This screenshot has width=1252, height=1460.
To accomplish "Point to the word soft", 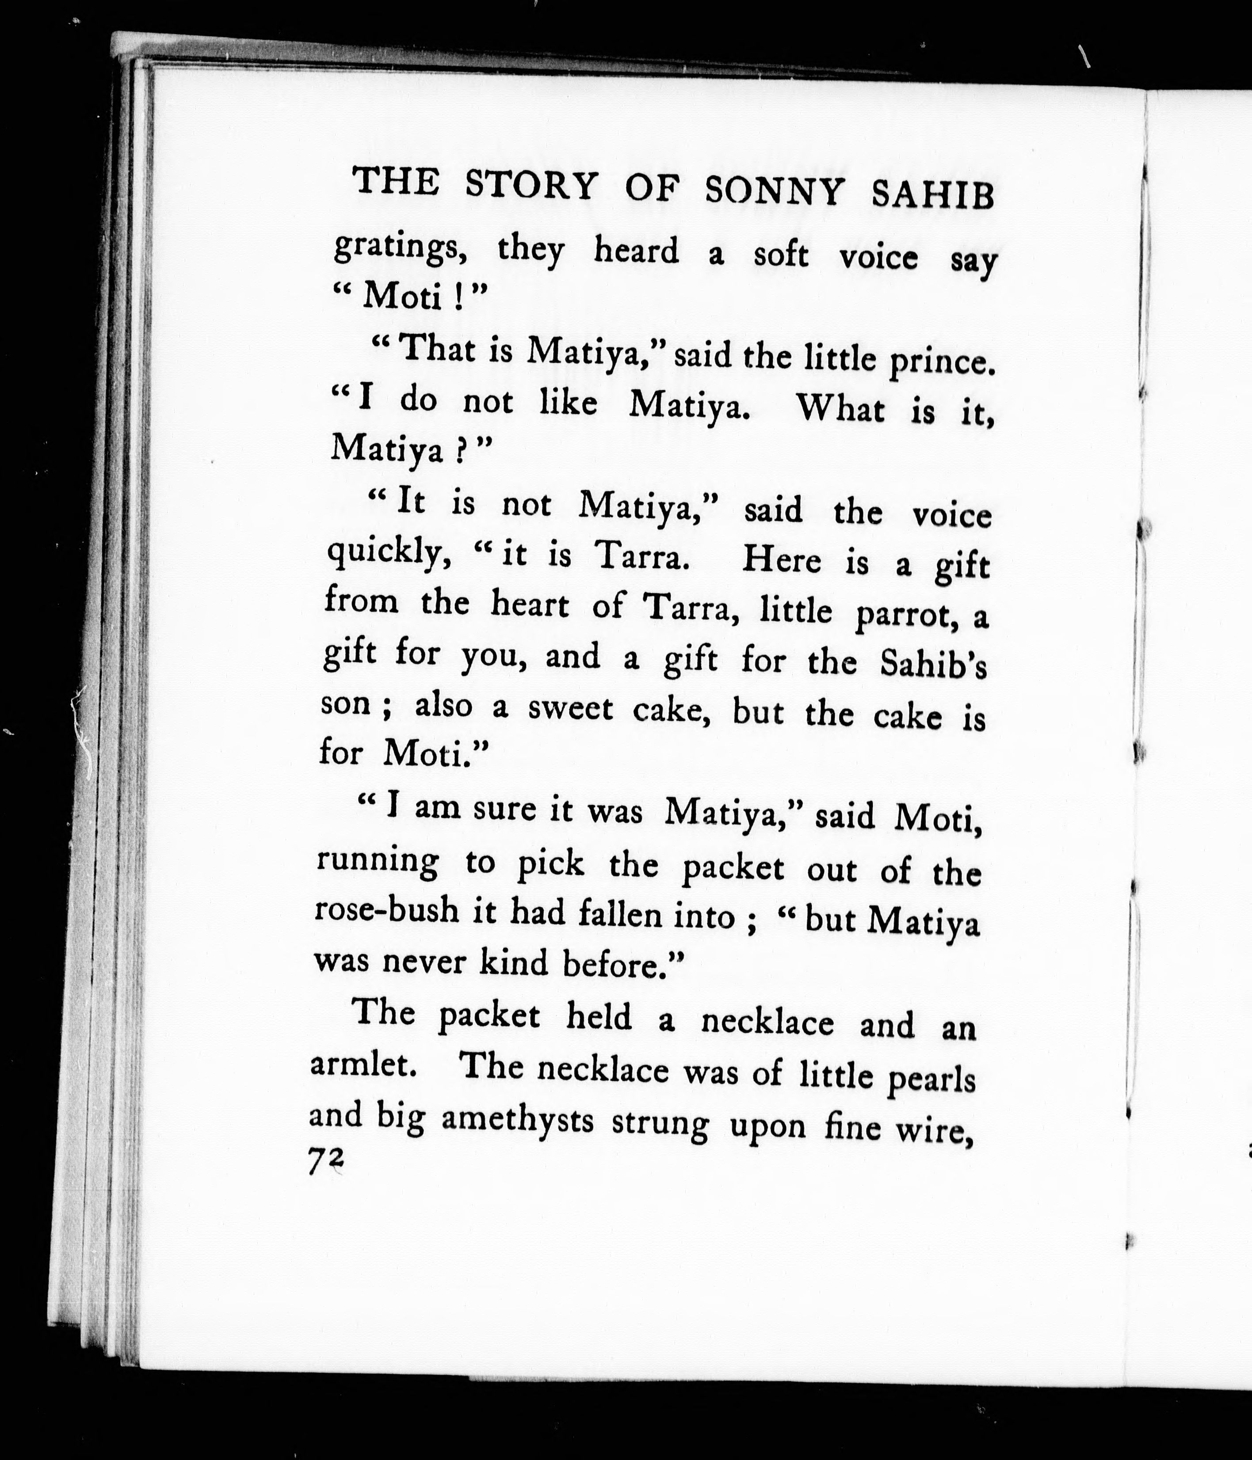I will pyautogui.click(x=780, y=255).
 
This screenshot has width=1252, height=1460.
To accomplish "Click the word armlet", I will pyautogui.click(x=361, y=1064).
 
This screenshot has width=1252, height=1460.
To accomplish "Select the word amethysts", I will pyautogui.click(x=517, y=1121).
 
